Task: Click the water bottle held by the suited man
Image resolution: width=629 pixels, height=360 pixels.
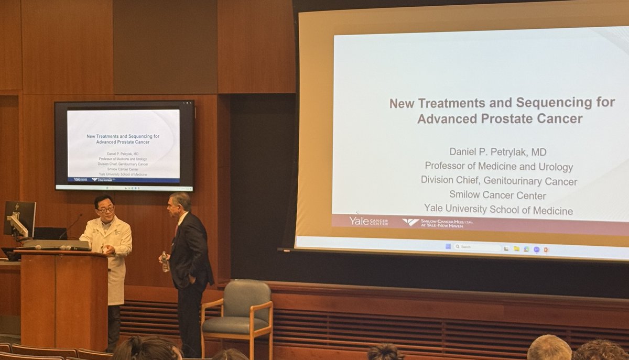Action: (165, 262)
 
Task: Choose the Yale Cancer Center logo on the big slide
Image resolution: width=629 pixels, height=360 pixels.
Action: (368, 221)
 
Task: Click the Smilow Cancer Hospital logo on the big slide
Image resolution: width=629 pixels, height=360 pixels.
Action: (437, 222)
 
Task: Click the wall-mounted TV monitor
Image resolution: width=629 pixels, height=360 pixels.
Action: (124, 146)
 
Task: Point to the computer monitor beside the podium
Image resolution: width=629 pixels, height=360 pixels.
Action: (20, 219)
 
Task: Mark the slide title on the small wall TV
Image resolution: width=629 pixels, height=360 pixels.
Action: (123, 139)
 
